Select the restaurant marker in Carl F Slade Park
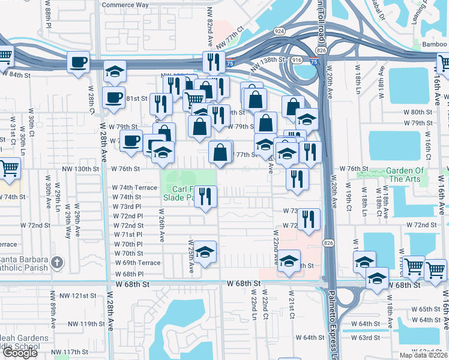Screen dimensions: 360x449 [205, 196]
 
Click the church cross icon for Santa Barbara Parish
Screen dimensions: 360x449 [56, 262]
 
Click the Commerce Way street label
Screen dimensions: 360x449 [125, 5]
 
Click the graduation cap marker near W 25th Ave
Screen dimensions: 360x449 [205, 251]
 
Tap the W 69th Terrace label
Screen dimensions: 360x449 [137, 263]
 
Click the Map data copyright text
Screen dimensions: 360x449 [424, 355]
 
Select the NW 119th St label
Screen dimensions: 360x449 [82, 324]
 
